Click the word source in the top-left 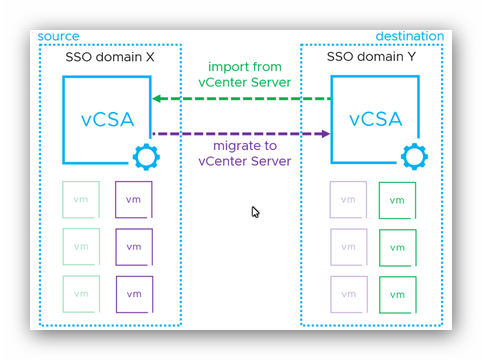coord(58,36)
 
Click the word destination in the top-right coord(409,36)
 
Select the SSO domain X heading coord(110,57)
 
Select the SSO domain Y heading coord(372,57)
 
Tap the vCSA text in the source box coord(107,119)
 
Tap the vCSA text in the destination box coord(375,119)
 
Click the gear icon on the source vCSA coord(146,156)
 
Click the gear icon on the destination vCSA coord(414,156)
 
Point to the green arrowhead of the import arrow coord(156,99)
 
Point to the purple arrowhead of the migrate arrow coord(326,134)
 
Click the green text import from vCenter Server coord(245,74)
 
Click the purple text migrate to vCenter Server coord(245,153)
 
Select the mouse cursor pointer coord(255,212)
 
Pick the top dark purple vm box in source coord(134,200)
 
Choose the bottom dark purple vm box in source coord(134,294)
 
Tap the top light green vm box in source coord(81,200)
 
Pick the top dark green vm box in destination coord(397,200)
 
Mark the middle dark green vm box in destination coord(397,247)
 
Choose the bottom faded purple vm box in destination coord(348,294)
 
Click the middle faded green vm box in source coord(81,247)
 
